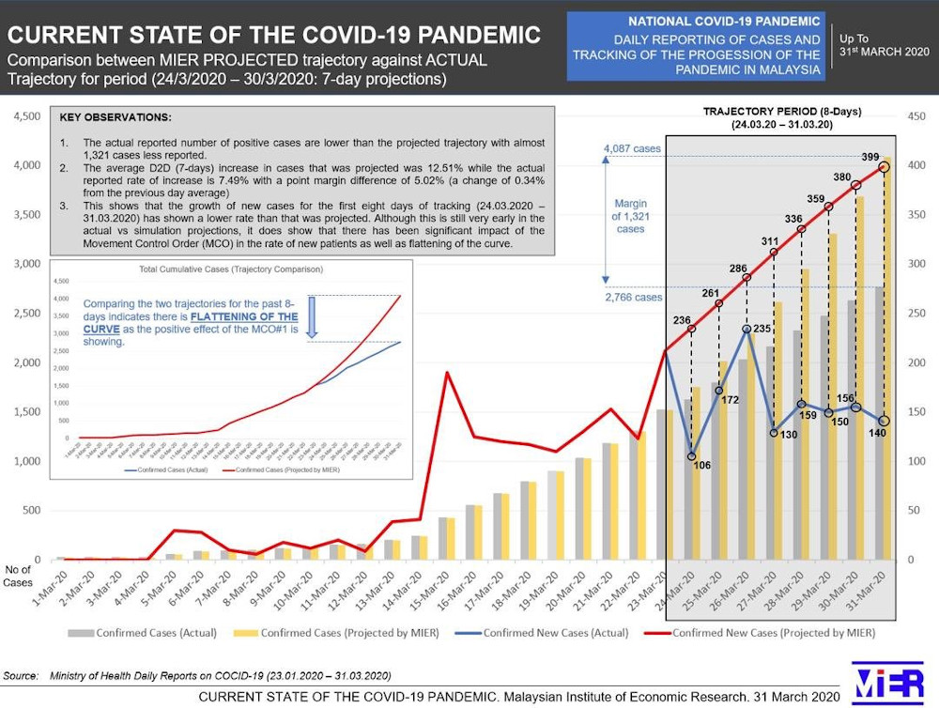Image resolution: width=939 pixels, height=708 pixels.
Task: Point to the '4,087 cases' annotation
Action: pyautogui.click(x=632, y=148)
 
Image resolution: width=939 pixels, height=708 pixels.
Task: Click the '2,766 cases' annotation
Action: pyautogui.click(x=632, y=298)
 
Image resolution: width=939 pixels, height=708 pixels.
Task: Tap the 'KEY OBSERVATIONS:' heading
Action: pyautogui.click(x=115, y=118)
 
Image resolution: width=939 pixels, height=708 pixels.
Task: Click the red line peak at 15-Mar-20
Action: pyautogui.click(x=448, y=373)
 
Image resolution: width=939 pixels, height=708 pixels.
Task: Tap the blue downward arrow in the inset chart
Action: pyautogui.click(x=313, y=318)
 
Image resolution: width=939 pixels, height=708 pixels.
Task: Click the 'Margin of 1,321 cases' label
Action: pyautogui.click(x=630, y=215)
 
